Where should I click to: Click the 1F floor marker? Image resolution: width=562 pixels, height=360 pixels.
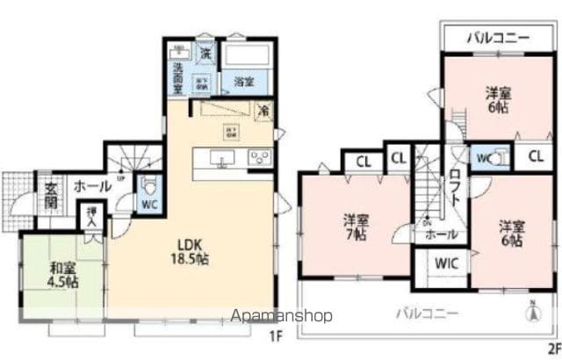275,335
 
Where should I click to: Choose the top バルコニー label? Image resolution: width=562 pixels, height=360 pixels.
497,39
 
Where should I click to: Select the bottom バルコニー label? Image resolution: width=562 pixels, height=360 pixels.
422,312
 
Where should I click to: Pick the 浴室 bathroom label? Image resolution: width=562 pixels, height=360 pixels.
243,82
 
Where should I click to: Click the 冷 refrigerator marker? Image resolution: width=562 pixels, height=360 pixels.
263,112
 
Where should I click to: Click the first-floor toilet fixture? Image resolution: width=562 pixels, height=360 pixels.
149,186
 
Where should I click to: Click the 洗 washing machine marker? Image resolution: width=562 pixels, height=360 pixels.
205,54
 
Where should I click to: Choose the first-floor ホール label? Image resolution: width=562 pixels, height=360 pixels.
92,186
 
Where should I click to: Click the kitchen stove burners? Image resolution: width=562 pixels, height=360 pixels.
261,158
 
